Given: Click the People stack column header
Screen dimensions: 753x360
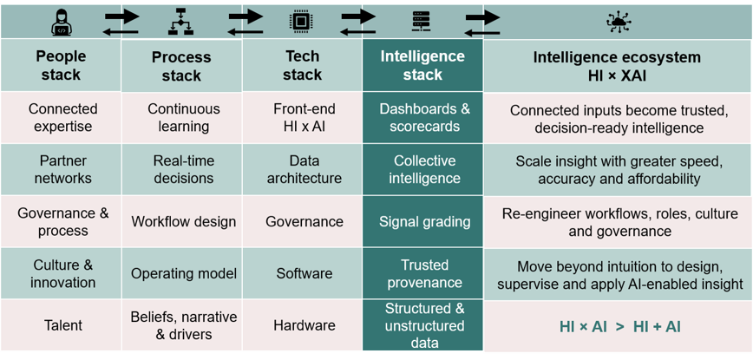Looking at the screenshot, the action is click(61, 65).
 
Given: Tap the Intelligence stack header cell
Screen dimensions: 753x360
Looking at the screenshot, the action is click(422, 65).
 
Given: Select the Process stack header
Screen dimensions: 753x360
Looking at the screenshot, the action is click(181, 65).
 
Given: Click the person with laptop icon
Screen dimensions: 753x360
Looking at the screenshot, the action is click(61, 23).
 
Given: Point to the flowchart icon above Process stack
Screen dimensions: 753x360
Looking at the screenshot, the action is click(180, 23).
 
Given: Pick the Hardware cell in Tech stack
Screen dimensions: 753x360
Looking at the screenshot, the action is click(304, 325).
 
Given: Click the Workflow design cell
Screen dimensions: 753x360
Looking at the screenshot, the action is click(183, 222).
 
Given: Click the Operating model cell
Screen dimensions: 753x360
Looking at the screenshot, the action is click(183, 273).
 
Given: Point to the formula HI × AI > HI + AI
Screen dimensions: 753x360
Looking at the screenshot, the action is click(619, 327).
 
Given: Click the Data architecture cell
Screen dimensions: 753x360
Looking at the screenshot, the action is click(304, 169).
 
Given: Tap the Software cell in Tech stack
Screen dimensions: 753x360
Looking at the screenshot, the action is click(304, 273).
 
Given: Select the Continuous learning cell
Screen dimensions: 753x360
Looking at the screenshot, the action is click(183, 118).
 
